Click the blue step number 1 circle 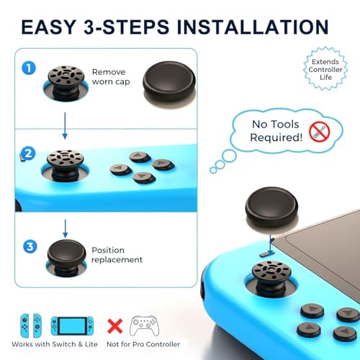tap(29, 68)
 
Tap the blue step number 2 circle tap(28, 153)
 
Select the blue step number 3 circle tap(30, 246)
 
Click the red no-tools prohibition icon tap(320, 132)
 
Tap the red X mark tap(115, 326)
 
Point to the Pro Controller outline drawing tap(144, 325)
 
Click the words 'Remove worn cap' tap(111, 77)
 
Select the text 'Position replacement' tap(117, 255)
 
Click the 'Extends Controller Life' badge tap(325, 69)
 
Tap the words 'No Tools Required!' tap(276, 131)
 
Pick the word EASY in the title tap(49, 27)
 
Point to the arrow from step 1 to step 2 tap(65, 125)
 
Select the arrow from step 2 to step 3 tap(66, 228)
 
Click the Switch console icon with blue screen tap(72, 325)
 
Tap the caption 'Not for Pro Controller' tap(143, 344)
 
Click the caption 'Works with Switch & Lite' tap(55, 344)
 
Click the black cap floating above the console tap(271, 207)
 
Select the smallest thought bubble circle tap(213, 170)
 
